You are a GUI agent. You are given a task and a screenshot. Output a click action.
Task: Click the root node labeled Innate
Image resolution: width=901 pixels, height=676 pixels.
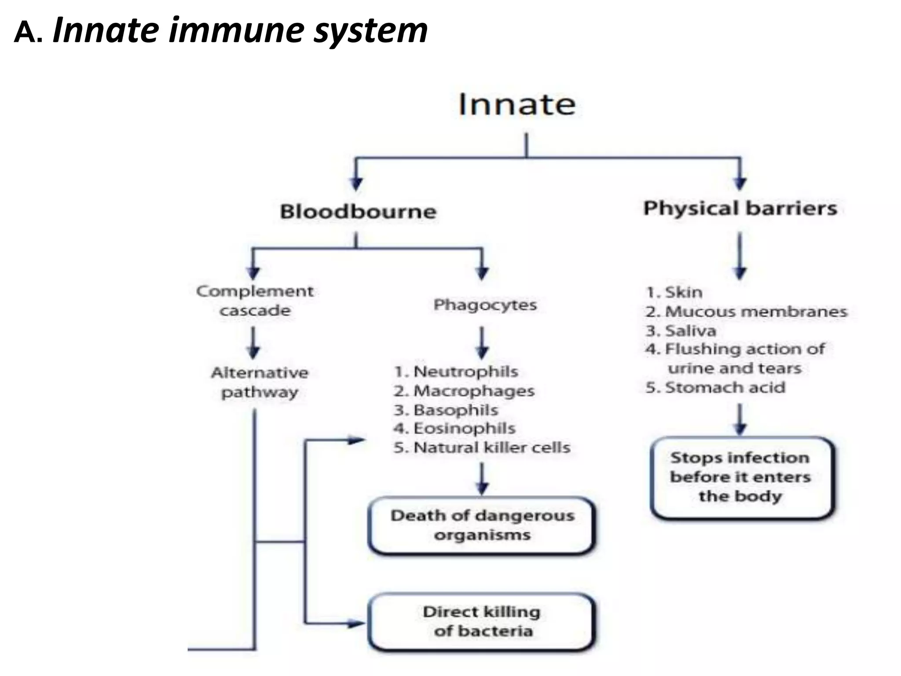(517, 105)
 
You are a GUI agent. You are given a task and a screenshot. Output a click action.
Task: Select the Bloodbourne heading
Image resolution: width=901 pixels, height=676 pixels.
(358, 212)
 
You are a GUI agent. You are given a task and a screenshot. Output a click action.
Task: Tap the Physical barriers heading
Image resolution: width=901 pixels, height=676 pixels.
(740, 208)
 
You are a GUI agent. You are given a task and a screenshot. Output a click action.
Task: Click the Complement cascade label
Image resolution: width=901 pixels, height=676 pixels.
(255, 301)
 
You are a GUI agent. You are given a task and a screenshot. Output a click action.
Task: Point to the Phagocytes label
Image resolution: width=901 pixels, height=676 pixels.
(485, 305)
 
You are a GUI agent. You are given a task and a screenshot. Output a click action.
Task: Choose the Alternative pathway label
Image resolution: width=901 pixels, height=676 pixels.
(260, 382)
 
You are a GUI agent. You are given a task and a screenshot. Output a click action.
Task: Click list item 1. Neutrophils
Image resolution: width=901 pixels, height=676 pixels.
(456, 371)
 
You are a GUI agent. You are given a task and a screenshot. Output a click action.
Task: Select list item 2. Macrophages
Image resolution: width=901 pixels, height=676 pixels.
(464, 391)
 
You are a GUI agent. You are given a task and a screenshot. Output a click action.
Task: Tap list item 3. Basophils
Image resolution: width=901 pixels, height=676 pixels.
(446, 410)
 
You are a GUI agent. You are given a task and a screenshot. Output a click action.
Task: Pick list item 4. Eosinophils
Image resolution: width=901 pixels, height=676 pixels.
(454, 428)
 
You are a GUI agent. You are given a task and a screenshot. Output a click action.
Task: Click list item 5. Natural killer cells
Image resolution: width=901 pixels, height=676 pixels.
(482, 448)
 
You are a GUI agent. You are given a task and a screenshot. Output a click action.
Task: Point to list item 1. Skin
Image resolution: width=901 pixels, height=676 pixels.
(674, 292)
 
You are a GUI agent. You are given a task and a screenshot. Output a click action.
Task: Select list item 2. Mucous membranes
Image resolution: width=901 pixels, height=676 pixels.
(746, 312)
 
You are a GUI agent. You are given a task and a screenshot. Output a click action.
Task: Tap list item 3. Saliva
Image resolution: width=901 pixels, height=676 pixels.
(681, 331)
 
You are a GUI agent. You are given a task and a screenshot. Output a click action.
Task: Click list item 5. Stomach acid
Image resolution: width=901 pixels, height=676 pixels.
(715, 388)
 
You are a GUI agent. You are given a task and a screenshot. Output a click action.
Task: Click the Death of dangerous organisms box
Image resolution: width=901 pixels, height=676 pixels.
(482, 525)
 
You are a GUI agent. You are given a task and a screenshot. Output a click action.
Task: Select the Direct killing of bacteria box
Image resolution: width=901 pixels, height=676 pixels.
(482, 621)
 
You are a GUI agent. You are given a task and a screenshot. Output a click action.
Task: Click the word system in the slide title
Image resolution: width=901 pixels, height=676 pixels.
(370, 31)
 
